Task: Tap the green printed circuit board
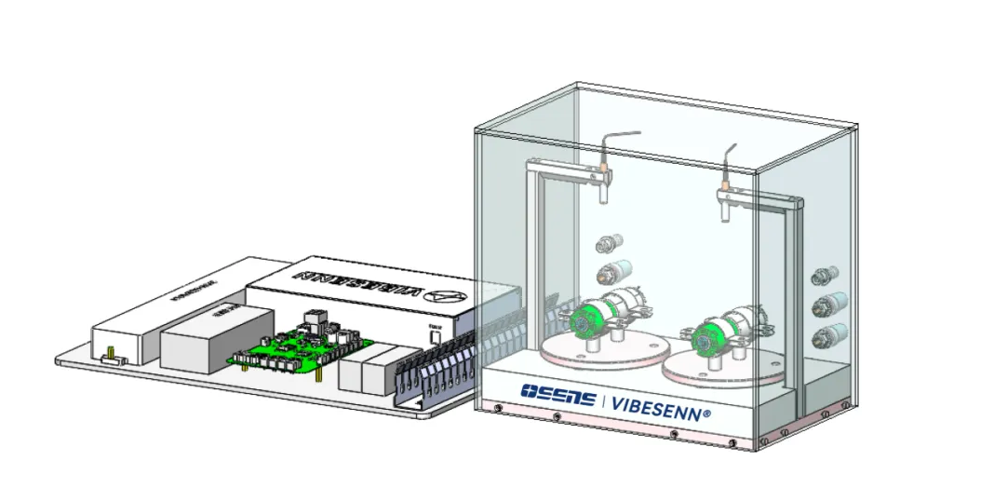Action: click(x=289, y=346)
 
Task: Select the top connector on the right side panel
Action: click(x=822, y=276)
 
